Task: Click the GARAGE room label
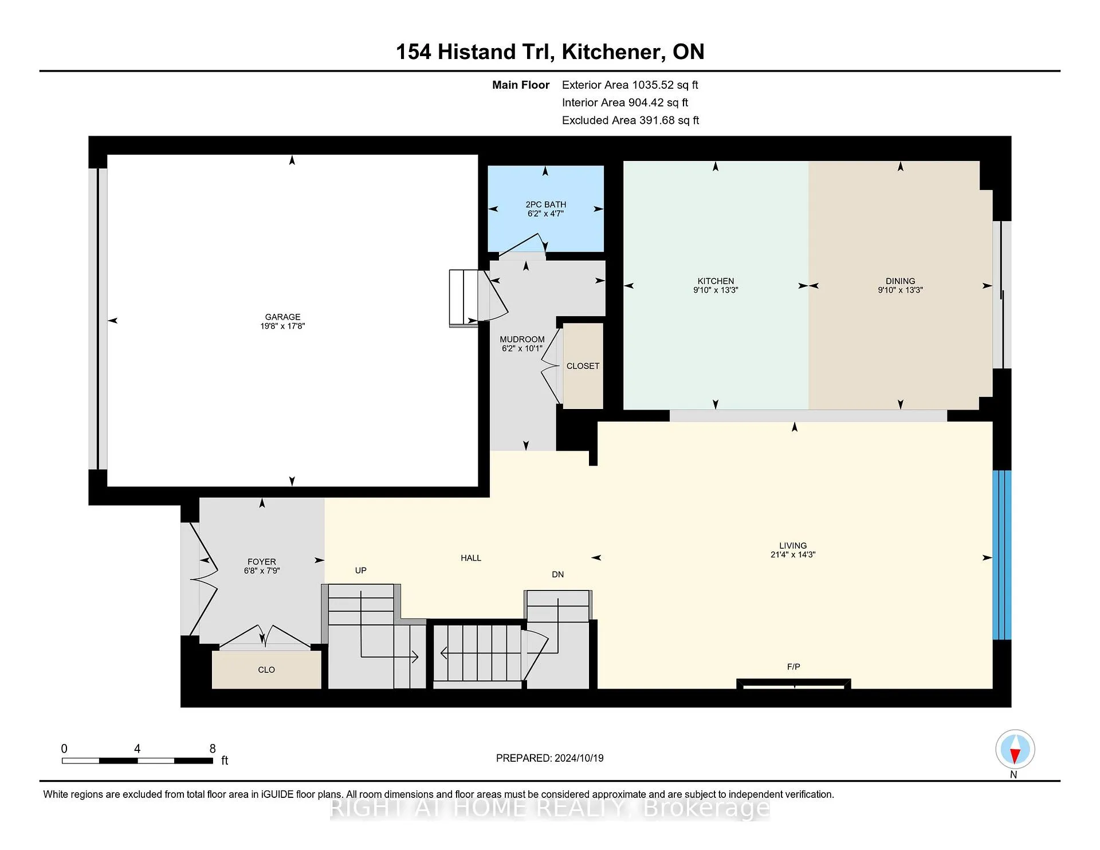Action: (x=282, y=317)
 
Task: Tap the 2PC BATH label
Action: (x=545, y=204)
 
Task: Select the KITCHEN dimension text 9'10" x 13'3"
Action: (x=716, y=290)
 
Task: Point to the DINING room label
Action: (x=900, y=281)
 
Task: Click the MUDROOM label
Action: (x=522, y=339)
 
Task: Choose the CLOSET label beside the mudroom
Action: (x=583, y=366)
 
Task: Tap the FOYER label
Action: (x=262, y=562)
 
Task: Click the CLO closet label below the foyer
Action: (x=266, y=670)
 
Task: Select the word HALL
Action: (x=471, y=558)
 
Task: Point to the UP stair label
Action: (x=361, y=570)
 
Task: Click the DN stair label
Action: (x=557, y=574)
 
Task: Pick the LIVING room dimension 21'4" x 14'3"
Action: (x=793, y=555)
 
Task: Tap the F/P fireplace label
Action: (x=793, y=667)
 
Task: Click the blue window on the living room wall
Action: (x=1001, y=554)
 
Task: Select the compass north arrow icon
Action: (x=1015, y=749)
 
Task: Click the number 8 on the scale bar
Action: (x=213, y=749)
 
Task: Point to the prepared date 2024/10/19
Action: (x=579, y=758)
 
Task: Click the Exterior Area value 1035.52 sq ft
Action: (x=665, y=85)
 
